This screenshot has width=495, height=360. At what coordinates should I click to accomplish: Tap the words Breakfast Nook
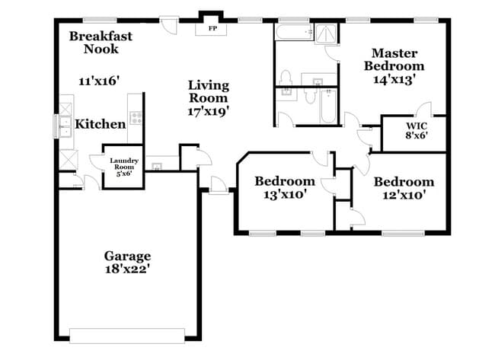click(100, 43)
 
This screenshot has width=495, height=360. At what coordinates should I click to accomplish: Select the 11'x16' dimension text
click(100, 80)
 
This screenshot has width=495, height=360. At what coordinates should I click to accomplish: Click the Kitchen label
click(100, 124)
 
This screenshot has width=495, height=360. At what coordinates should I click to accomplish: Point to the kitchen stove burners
click(136, 118)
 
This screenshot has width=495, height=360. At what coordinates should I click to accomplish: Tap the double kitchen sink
click(59, 124)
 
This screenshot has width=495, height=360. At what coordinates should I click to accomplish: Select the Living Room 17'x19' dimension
click(209, 110)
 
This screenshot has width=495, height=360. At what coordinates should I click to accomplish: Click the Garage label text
click(127, 256)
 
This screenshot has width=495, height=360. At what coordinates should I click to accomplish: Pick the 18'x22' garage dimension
click(127, 269)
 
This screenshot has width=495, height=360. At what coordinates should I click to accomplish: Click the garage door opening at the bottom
click(127, 333)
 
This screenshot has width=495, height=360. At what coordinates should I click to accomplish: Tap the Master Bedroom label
click(393, 59)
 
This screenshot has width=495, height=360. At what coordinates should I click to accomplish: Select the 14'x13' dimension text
click(393, 78)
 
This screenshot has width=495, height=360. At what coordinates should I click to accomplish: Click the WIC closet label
click(416, 125)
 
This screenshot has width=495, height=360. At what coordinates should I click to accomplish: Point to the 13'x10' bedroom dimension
click(285, 194)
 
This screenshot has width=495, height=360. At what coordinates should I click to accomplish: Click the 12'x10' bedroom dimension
click(404, 195)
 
